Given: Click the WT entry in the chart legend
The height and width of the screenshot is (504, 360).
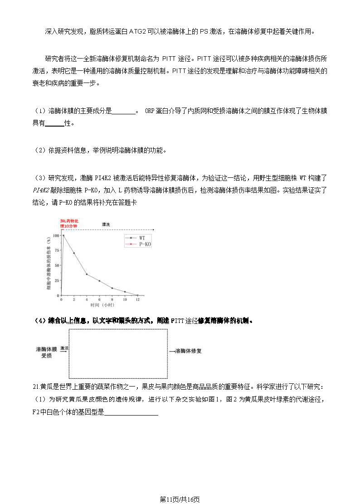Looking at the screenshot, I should coord(142,237).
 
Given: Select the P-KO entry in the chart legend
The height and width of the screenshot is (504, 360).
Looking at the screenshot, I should coord(145,244).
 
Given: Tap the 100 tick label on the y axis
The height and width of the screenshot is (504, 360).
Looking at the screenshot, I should coord(56,235).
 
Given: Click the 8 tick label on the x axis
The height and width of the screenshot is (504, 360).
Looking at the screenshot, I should coord(112,300).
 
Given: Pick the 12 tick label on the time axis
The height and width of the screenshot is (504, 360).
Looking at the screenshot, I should coord(137,300).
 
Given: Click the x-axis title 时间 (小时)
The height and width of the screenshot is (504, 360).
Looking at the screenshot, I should coord(102,305).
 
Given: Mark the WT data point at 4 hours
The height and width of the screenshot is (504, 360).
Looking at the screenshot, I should coord(87,274).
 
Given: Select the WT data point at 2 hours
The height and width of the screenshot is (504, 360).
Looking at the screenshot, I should coord(74,253).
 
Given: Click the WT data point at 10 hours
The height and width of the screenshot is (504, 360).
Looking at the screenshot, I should coord(125,292).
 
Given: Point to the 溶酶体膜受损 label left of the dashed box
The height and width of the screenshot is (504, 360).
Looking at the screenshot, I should coord(47,352).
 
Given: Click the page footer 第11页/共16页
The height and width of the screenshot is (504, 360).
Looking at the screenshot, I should coord(180,499).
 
